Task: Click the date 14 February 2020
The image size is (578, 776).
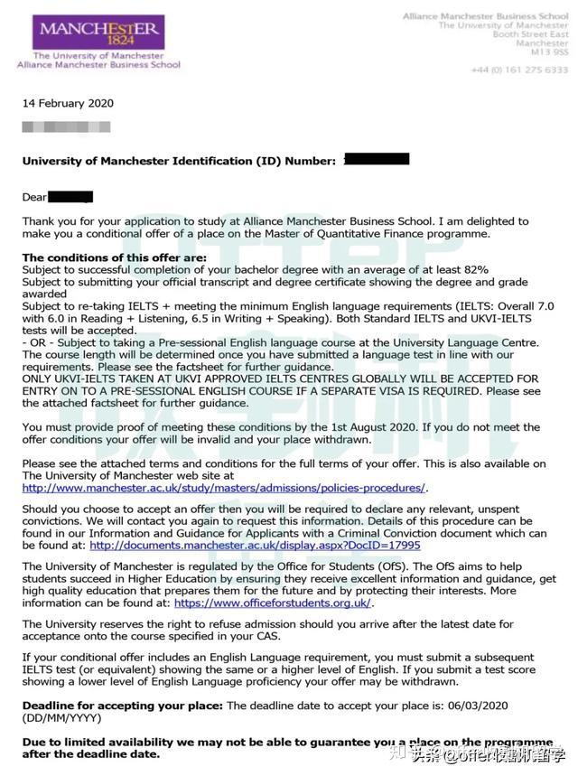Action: pos(68,103)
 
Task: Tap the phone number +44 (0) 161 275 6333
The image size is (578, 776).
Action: pos(519,70)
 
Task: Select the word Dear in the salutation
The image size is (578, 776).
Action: pos(34,196)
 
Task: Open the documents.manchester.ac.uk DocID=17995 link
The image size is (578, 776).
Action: pos(255,545)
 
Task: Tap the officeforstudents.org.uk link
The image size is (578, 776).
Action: pos(273,603)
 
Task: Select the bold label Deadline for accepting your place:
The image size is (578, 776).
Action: pos(123,705)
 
